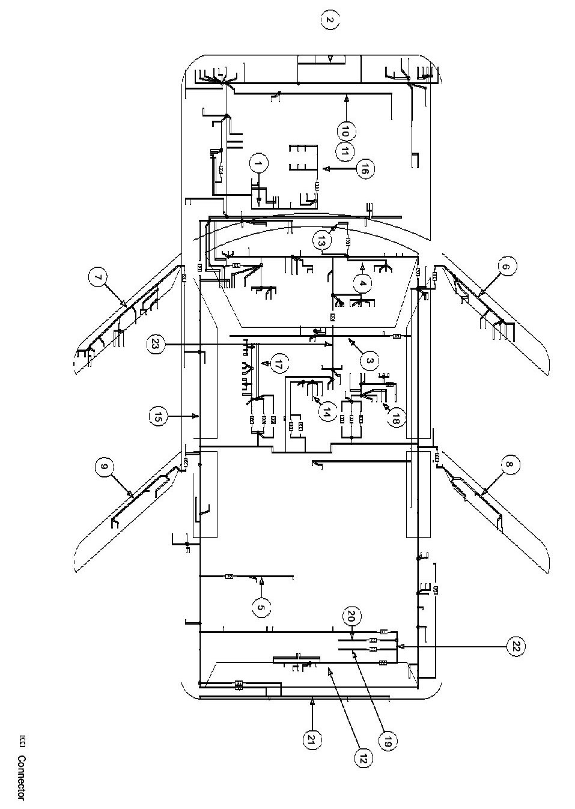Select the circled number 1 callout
(x=258, y=163)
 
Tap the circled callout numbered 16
(x=363, y=170)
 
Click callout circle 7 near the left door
(x=97, y=278)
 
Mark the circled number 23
(x=154, y=344)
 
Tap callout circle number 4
(x=363, y=283)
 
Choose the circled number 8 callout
(x=510, y=465)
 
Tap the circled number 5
(x=260, y=608)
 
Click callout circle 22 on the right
(x=515, y=646)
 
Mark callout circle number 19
(x=386, y=741)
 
